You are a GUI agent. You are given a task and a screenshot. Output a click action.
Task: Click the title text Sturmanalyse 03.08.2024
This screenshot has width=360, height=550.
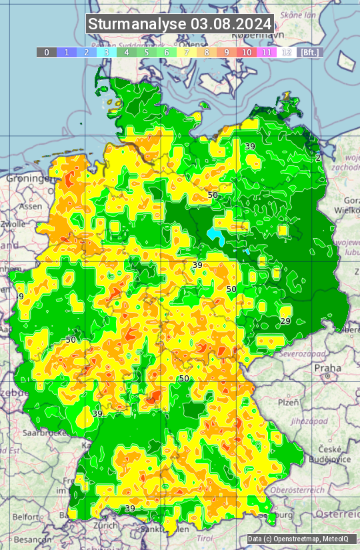coord(180,24)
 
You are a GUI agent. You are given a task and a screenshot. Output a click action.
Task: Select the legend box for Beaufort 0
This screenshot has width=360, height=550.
coord(47,52)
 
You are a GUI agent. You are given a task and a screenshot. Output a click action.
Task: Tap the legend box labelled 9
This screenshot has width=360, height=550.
coord(227,52)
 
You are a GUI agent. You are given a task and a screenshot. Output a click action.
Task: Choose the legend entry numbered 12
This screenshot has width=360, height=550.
coord(286,52)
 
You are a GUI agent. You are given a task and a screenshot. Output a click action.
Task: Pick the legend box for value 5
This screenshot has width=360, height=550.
coord(147,52)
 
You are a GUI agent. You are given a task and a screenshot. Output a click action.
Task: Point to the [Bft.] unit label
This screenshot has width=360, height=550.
coord(309,52)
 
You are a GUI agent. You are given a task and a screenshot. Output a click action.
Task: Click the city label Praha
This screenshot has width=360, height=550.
coord(327,367)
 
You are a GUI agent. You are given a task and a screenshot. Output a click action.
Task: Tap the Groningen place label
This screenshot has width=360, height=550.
coord(28,179)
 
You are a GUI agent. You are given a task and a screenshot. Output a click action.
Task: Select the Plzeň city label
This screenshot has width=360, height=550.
coord(288,402)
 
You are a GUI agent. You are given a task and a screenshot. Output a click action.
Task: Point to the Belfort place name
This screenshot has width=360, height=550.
coord(25,517)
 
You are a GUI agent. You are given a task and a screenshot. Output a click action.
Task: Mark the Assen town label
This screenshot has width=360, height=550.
coord(30,207)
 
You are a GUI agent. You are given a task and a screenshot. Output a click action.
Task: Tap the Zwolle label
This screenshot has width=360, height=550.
coord(13,224)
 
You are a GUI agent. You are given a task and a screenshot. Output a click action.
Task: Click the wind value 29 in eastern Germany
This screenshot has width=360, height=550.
coord(285,321)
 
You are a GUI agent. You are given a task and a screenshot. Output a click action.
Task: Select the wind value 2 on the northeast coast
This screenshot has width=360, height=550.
coord(318,157)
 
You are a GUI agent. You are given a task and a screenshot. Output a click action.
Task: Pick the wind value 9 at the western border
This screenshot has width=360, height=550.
coord(21,296)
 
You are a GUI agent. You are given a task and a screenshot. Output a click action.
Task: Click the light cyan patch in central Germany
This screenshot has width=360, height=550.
coord(215,235)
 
